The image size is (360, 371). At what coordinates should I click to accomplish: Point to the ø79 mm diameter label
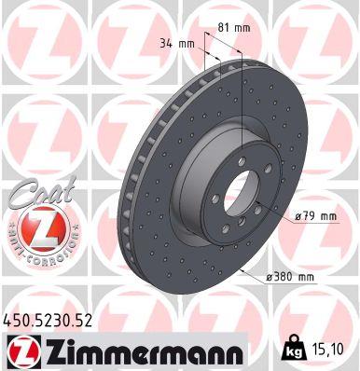pyautogui.click(x=313, y=216)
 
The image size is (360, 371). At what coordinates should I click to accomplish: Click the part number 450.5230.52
pyautogui.click(x=49, y=320)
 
